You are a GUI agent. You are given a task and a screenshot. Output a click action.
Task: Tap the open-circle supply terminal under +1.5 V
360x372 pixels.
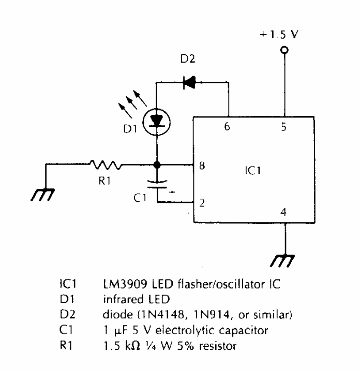pyautogui.click(x=283, y=51)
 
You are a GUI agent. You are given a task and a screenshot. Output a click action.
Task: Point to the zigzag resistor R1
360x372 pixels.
pyautogui.click(x=106, y=165)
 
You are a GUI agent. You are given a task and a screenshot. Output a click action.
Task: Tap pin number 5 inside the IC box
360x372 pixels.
pyautogui.click(x=283, y=126)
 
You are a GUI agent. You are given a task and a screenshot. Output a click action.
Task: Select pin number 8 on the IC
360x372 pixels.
pyautogui.click(x=202, y=166)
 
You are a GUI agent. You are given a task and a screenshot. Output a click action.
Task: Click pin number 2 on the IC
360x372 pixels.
pyautogui.click(x=202, y=203)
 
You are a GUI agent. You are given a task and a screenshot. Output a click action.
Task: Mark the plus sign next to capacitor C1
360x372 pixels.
pyautogui.click(x=172, y=192)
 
